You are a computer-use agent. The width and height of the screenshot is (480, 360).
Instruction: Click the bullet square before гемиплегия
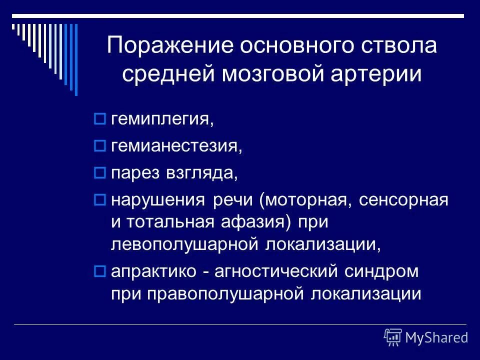pos(98,119)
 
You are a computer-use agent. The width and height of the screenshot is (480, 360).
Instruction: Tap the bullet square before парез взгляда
pos(98,173)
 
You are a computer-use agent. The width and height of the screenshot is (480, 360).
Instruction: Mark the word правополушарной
pos(225,293)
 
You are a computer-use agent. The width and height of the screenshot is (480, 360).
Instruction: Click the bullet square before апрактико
pos(98,271)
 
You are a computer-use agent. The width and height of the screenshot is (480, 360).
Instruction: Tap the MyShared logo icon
pos(393,337)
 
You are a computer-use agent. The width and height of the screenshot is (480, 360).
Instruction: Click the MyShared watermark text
pos(436,337)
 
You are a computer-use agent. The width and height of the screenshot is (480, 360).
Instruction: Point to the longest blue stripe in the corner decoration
pos(76,59)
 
